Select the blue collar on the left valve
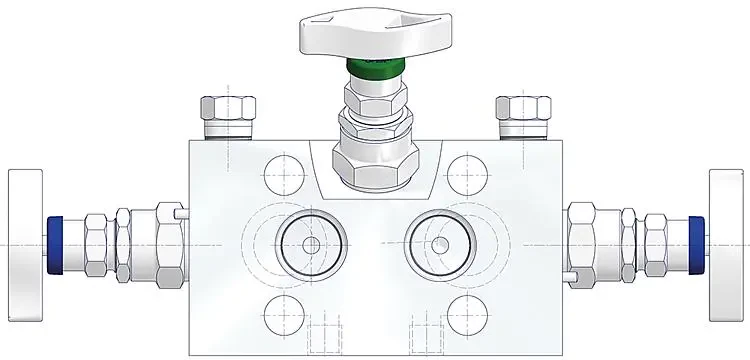pyautogui.click(x=56, y=244)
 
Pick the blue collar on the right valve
pyautogui.click(x=694, y=243)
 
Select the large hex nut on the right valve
pyautogui.click(x=581, y=243)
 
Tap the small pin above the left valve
pyautogui.click(x=179, y=213)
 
